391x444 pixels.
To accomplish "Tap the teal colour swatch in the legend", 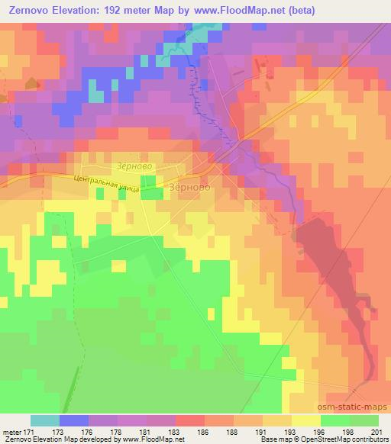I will click(x=45, y=420).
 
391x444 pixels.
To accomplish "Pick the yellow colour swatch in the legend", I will click(x=306, y=420).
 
